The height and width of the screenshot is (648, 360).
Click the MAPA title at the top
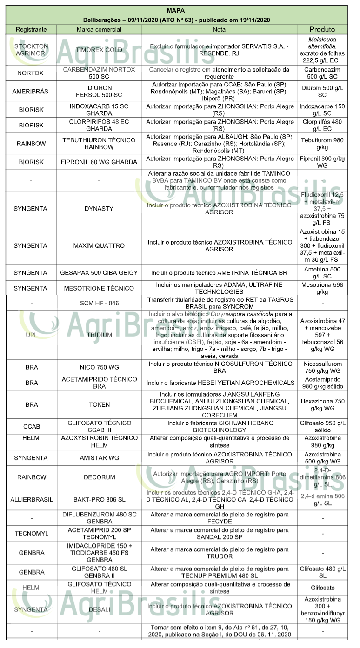(176, 11)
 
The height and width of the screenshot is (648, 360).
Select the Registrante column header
(31, 29)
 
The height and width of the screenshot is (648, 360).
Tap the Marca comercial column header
(99, 29)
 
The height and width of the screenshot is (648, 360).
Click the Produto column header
(322, 29)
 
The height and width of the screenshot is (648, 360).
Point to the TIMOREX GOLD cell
(99, 50)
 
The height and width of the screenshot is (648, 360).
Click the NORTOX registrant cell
(31, 73)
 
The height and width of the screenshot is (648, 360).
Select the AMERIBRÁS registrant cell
(31, 91)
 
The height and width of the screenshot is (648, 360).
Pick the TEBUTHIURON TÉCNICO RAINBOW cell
(99, 144)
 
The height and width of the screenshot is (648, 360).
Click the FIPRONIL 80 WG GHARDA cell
(99, 162)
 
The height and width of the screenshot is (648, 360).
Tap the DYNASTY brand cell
(99, 209)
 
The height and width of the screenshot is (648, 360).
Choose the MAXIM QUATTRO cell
(99, 245)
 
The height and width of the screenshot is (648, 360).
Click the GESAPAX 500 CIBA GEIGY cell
(99, 272)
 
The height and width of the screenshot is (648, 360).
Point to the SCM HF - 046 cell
(99, 303)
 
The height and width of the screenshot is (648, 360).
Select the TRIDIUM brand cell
(99, 335)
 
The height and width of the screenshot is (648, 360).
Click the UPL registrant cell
(31, 335)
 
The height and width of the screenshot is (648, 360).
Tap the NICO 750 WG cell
(99, 367)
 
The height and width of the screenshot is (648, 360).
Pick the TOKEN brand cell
(99, 404)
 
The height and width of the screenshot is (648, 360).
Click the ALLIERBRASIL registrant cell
(31, 500)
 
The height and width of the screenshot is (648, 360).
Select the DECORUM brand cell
(99, 477)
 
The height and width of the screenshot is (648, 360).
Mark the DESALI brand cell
(99, 609)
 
